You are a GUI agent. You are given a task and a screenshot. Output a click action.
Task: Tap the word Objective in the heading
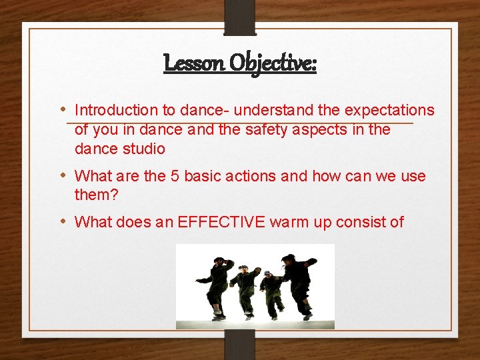click(x=272, y=63)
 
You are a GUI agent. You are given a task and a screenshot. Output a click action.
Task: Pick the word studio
click(x=143, y=149)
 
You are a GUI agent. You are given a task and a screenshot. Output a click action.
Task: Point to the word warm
click(x=289, y=222)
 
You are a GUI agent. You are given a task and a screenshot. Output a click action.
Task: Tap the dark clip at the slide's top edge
click(x=240, y=17)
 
